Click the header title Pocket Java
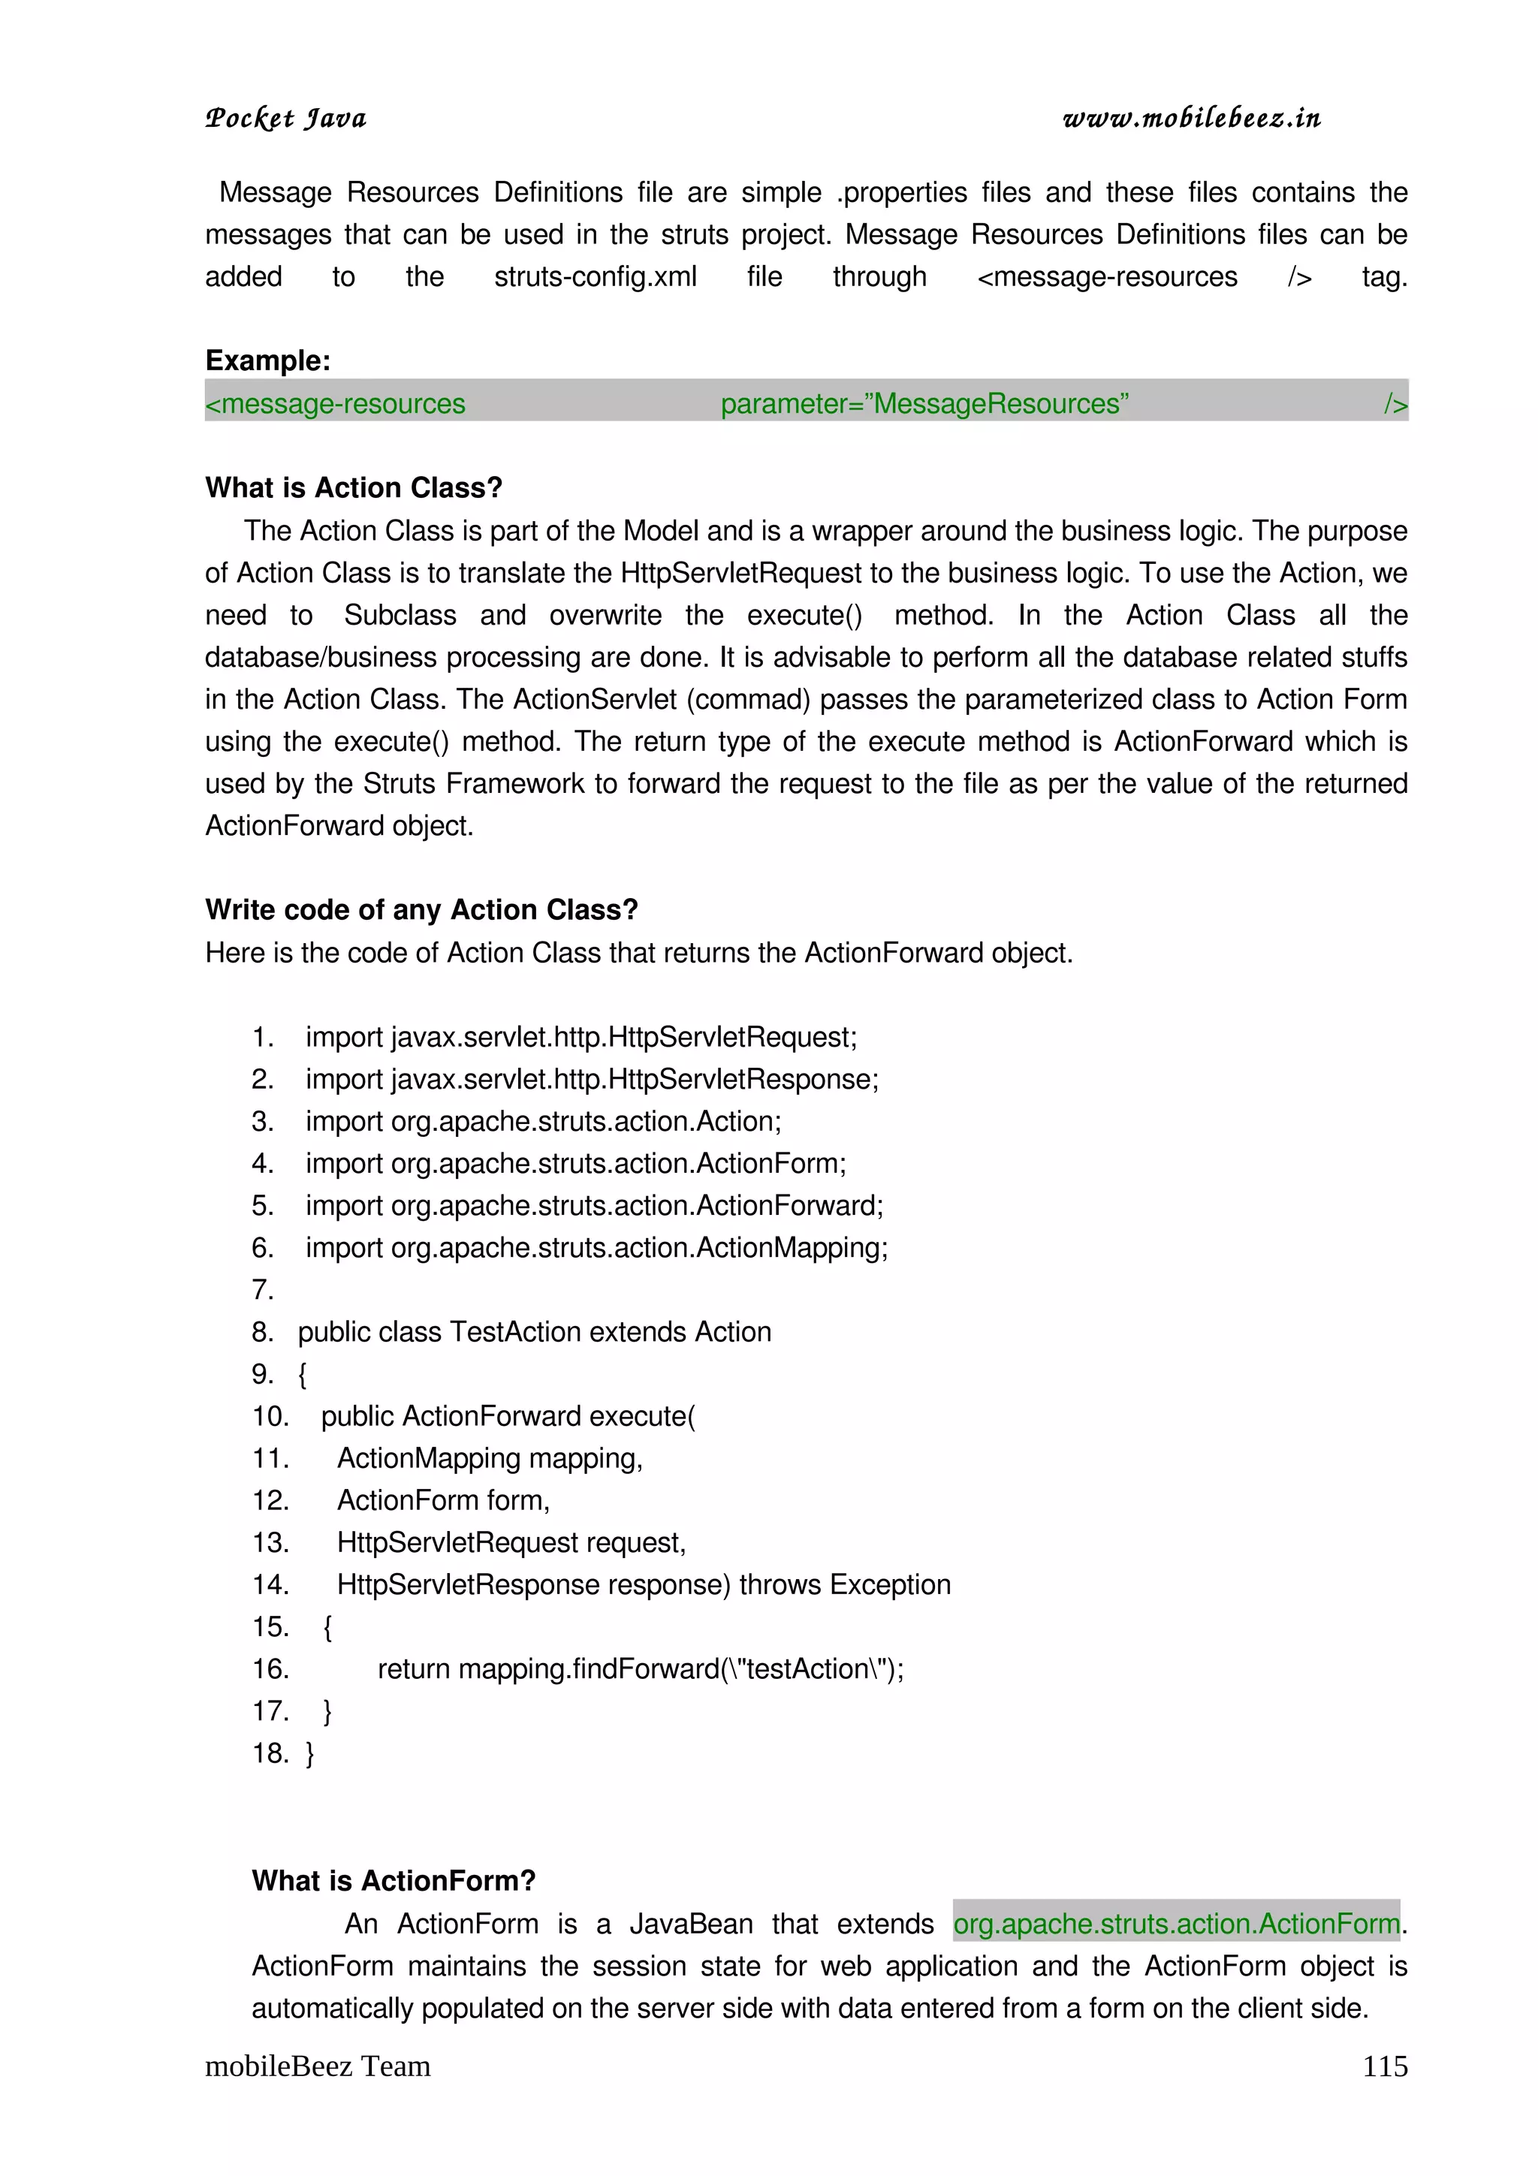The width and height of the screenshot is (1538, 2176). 285,119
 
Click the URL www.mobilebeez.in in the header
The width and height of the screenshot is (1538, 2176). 1191,119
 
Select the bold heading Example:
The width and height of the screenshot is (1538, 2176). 267,360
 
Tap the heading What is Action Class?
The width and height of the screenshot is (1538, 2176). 354,487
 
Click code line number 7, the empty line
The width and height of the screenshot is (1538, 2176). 263,1290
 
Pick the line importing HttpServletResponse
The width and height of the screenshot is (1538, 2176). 591,1080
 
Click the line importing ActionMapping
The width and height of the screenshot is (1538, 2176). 596,1248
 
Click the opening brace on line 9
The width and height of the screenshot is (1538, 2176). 303,1374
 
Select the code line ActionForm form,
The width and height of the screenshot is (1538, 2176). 442,1500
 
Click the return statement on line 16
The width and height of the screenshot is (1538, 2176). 640,1669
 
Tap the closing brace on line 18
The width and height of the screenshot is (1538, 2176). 310,1753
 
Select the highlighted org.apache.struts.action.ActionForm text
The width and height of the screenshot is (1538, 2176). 1176,1924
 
